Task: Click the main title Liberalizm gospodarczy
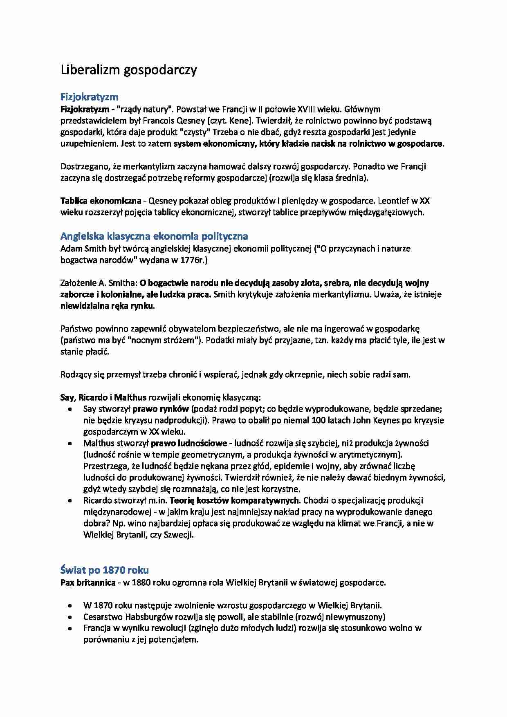click(128, 70)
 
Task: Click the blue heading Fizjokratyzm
click(89, 97)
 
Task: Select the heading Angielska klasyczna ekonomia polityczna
click(154, 236)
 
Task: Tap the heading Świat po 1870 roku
click(104, 570)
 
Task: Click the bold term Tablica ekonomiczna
click(101, 201)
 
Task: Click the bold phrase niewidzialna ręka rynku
click(107, 306)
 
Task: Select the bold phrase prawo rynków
click(160, 409)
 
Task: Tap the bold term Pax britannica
click(87, 583)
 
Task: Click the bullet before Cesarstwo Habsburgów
click(71, 617)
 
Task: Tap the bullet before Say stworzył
click(71, 409)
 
